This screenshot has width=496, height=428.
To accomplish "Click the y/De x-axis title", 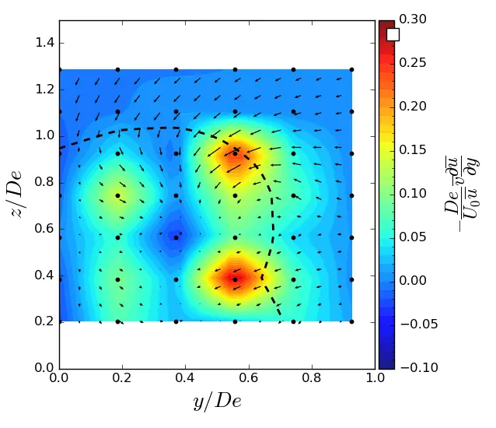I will pos(217,402).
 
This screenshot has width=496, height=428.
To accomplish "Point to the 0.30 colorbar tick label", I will pos(412,19).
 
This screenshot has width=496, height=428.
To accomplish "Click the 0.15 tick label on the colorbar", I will pos(412,150).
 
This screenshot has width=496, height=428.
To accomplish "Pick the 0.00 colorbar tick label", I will pos(412,280).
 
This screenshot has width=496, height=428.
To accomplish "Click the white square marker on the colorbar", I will pos(393,34).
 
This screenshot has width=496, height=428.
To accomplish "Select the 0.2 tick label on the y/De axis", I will pos(123,379).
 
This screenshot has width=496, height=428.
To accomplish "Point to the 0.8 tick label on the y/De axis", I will pos(312,379).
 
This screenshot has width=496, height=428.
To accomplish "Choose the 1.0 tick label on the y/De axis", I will pos(375,379).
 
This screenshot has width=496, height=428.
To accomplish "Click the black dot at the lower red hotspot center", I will pos(235,279).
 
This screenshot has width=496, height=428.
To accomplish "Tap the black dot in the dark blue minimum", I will pos(176,237).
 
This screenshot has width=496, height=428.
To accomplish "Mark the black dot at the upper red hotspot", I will pos(235,153).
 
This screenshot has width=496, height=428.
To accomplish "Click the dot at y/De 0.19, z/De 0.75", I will pos(117,195).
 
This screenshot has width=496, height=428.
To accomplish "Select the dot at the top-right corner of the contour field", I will pos(351,69).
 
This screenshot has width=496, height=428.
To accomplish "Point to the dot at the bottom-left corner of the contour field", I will pos(59,321).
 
